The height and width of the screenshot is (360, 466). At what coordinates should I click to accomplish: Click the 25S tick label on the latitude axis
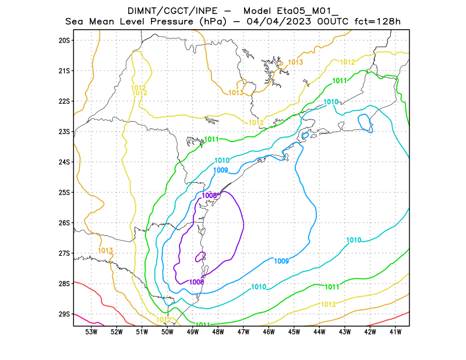63,192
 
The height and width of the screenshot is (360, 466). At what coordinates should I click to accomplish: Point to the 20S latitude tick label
63,40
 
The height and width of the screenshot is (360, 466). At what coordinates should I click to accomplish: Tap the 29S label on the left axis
63,314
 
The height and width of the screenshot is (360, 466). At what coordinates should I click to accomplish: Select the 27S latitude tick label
63,253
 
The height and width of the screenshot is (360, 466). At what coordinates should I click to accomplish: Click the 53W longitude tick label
91,332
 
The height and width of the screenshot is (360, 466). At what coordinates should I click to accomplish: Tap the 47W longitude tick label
243,332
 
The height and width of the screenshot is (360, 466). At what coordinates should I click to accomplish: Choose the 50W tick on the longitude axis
167,332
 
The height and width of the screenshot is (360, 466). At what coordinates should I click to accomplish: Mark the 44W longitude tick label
319,332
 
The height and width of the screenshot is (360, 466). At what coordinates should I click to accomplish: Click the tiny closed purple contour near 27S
200,256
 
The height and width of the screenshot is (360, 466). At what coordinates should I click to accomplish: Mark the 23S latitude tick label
63,132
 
